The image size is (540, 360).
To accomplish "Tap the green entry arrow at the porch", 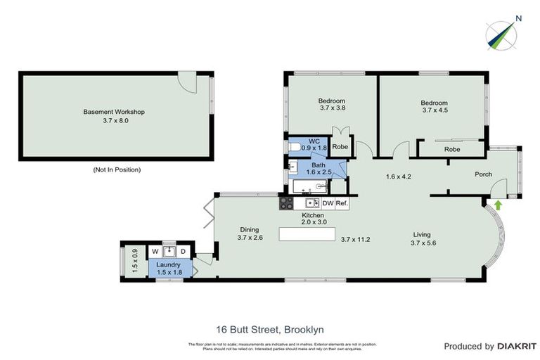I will point(498,205).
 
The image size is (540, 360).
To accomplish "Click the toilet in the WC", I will point(295,147).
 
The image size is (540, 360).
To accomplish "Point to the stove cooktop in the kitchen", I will point(287,203).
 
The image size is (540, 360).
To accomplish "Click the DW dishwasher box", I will point(328,203).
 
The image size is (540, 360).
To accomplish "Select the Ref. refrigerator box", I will point(342,203).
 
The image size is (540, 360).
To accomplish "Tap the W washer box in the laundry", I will point(154,252).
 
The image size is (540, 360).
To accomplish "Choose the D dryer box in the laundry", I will point(183,252).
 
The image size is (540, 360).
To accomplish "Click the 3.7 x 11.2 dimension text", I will point(355,239).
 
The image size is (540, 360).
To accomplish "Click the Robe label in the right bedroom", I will point(452,150).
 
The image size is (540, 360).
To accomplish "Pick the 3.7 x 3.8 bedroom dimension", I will point(333,108).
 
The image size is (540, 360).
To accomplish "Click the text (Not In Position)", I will point(117,170).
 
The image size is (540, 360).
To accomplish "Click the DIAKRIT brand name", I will point(517,346).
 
